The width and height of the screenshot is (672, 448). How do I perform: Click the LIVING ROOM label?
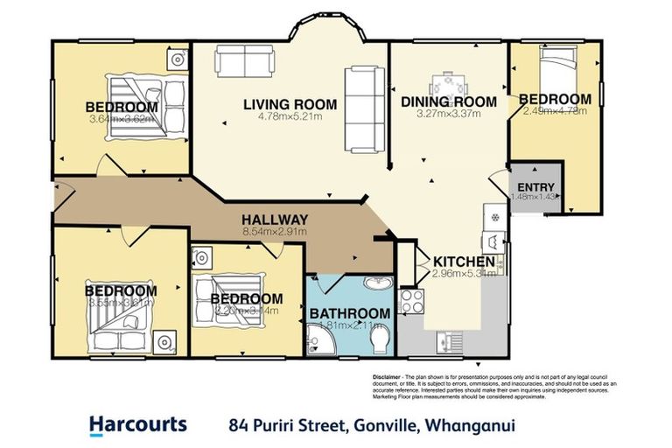pyautogui.click(x=290, y=104)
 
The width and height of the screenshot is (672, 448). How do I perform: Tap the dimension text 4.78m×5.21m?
pyautogui.click(x=290, y=116)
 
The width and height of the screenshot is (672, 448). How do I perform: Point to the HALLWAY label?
pyautogui.click(x=275, y=220)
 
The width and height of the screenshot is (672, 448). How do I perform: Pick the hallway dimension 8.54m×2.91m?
pyautogui.click(x=275, y=232)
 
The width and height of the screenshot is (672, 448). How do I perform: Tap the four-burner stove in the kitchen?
pyautogui.click(x=411, y=302)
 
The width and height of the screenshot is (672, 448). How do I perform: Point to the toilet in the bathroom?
pyautogui.click(x=381, y=343)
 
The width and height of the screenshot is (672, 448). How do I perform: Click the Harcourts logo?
pyautogui.click(x=138, y=425)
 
